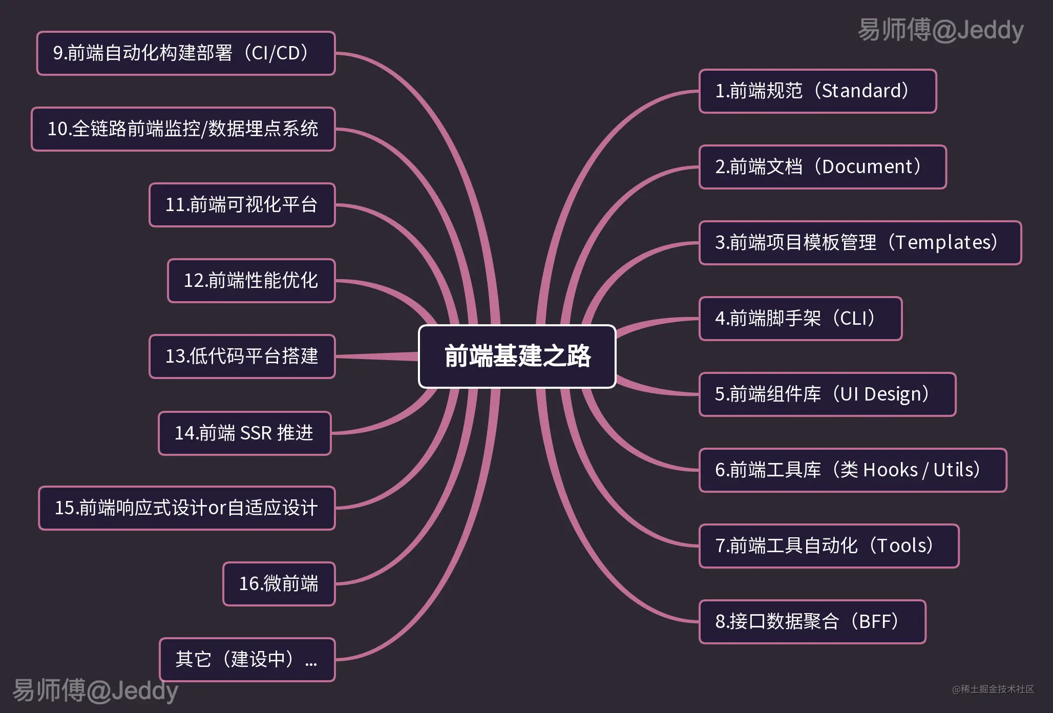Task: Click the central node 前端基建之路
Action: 517,356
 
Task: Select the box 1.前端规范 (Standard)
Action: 817,91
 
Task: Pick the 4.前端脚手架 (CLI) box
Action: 800,319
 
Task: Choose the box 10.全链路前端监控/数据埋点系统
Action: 183,129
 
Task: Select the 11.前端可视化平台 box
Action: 242,205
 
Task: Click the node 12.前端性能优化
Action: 251,281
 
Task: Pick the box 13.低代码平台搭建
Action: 242,356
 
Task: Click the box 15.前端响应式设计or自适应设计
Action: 186,508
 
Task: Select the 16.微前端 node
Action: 279,584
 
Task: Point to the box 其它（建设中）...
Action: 247,660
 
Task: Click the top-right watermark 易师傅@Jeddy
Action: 940,30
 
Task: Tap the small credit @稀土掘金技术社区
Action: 993,689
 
